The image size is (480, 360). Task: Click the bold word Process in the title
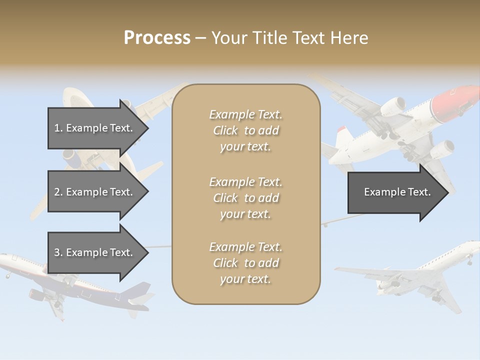click(157, 38)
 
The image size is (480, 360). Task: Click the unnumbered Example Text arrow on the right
click(397, 192)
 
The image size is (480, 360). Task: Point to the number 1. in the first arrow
click(58, 128)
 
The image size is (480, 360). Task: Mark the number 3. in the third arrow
click(58, 252)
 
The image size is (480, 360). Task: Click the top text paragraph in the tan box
click(245, 130)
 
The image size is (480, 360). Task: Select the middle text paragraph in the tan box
click(245, 198)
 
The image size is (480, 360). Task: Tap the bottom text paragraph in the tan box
click(245, 263)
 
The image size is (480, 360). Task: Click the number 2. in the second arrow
click(58, 192)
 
